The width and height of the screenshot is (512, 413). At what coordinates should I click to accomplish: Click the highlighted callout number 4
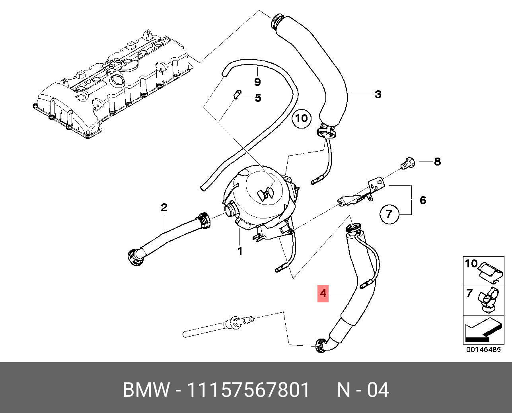[x=323, y=294]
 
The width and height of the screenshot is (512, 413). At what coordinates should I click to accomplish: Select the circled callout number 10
[x=301, y=118]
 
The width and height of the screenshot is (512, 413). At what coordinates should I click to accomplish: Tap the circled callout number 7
[x=389, y=214]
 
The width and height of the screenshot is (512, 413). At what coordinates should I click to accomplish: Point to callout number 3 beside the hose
[x=378, y=94]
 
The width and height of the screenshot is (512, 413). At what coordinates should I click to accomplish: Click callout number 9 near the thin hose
[x=257, y=82]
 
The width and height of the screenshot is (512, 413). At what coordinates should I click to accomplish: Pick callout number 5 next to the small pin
[x=258, y=98]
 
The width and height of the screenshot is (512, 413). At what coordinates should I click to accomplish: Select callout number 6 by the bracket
[x=422, y=200]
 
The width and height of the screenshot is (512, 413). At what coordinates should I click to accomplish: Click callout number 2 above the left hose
[x=164, y=207]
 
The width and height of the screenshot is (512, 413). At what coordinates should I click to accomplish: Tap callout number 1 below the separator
[x=240, y=251]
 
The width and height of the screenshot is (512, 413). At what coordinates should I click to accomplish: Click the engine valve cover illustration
[x=111, y=88]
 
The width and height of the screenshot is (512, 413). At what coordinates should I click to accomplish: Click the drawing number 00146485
[x=483, y=350]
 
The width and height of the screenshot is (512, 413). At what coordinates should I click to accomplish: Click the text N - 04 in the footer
[x=363, y=390]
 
